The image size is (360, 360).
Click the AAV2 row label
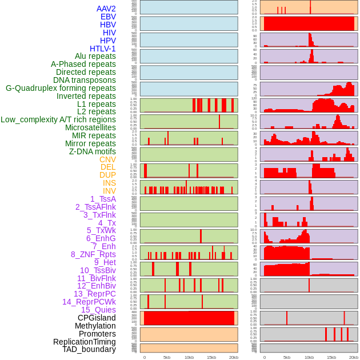[106, 9]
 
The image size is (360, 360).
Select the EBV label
[108, 17]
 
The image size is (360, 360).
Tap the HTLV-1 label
[103, 49]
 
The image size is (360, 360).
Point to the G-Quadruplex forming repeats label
[61, 88]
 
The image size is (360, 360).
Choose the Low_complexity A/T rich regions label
[58, 119]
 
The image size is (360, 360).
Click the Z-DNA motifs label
[93, 151]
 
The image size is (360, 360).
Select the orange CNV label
[107, 159]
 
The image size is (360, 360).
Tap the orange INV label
[109, 191]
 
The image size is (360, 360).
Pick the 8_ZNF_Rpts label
[93, 254]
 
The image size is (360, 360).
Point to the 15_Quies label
[98, 310]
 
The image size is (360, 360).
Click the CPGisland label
[97, 318]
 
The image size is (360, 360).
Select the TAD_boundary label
[89, 349]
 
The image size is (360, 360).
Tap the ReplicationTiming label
[84, 342]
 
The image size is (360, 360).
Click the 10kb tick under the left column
[189, 357]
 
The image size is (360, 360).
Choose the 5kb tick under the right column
[287, 357]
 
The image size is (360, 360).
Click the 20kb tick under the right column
[354, 357]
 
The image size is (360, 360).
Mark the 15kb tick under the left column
[211, 357]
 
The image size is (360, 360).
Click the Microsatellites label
[90, 127]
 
